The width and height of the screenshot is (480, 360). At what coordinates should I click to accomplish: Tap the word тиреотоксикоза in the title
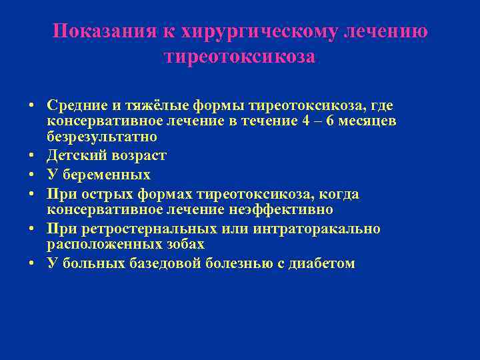(239, 57)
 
